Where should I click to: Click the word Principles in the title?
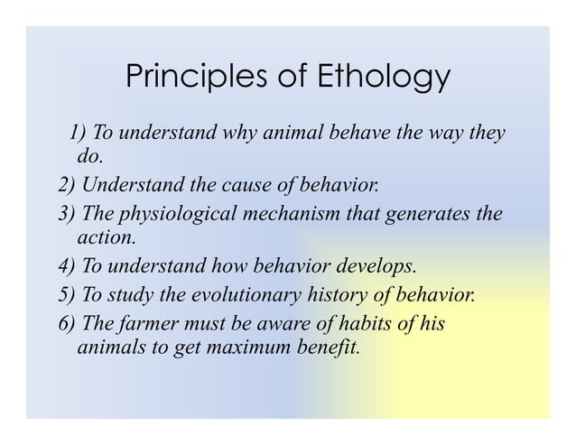[x=188, y=79]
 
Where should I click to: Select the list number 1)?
[x=79, y=134]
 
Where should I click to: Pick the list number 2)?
[x=67, y=187]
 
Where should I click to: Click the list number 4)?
[x=67, y=267]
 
